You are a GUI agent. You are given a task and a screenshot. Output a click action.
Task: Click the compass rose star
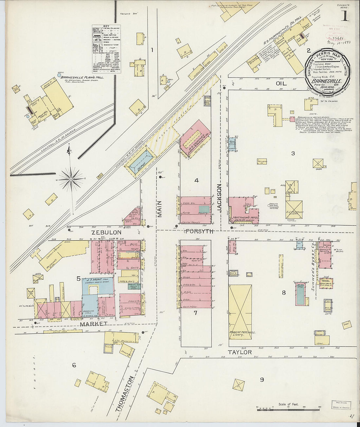pos(71,179)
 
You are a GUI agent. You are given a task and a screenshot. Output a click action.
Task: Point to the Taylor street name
pos(240,352)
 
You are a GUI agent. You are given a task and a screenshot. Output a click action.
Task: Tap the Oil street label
pos(281,83)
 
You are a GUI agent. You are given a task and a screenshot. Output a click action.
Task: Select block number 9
pos(262,380)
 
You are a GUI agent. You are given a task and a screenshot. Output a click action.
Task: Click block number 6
pos(74,365)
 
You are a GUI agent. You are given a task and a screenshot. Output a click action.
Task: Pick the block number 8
pos(284,293)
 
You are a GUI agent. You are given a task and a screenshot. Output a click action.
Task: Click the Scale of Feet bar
pos(288,408)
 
